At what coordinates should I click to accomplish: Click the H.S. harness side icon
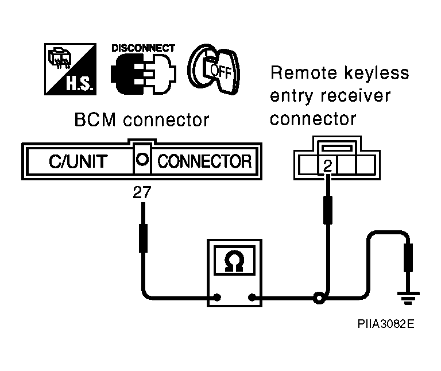(x=70, y=69)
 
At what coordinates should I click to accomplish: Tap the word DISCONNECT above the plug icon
(x=143, y=48)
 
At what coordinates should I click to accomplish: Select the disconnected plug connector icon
(x=144, y=74)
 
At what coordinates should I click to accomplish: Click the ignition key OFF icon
(x=214, y=69)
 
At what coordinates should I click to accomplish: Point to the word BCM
(x=95, y=120)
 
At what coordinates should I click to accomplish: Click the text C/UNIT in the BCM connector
(x=78, y=161)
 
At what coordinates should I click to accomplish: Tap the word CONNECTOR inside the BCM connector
(x=204, y=161)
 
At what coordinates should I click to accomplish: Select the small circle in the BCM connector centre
(x=142, y=159)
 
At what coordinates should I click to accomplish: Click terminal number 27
(x=142, y=192)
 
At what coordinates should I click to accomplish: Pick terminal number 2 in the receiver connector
(x=328, y=166)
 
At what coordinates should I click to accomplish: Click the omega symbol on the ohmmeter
(x=234, y=261)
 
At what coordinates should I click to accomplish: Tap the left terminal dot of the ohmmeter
(x=217, y=297)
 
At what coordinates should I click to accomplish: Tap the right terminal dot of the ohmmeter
(x=252, y=297)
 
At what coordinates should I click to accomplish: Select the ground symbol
(x=408, y=298)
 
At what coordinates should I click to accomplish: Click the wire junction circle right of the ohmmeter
(x=319, y=298)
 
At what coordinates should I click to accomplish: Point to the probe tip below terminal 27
(x=143, y=203)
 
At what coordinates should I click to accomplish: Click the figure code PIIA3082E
(x=386, y=324)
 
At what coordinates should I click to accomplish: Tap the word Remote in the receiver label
(x=304, y=73)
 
